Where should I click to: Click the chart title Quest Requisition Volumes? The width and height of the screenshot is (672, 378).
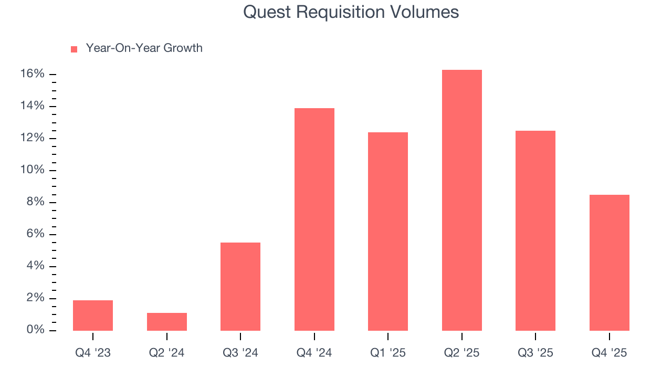[351, 13]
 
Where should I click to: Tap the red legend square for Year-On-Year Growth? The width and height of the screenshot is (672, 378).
[74, 49]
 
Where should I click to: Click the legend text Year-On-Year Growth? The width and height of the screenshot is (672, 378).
[144, 48]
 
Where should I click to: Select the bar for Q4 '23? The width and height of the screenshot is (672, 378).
[93, 316]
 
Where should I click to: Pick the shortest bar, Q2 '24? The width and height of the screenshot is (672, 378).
[167, 322]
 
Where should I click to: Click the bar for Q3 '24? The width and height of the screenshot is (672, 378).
[240, 287]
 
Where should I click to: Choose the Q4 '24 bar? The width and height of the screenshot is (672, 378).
[314, 219]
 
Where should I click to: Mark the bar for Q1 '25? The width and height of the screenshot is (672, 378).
[388, 232]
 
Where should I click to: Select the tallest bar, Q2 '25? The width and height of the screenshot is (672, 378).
[462, 200]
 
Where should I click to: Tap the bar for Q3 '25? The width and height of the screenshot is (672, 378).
[535, 230]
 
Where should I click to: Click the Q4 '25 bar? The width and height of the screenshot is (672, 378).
[610, 262]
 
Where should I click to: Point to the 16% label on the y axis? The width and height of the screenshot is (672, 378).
[33, 74]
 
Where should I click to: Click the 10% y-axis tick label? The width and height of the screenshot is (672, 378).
[33, 171]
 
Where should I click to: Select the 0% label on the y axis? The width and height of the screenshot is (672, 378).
[35, 330]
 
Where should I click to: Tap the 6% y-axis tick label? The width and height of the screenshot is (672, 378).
[35, 234]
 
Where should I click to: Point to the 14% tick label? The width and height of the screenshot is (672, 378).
[33, 106]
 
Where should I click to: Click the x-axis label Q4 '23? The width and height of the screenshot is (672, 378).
[93, 353]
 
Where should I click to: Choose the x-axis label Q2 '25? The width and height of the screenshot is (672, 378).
[462, 353]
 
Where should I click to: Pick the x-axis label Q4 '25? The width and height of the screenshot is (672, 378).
[610, 353]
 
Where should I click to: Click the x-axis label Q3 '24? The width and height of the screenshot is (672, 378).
[240, 353]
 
